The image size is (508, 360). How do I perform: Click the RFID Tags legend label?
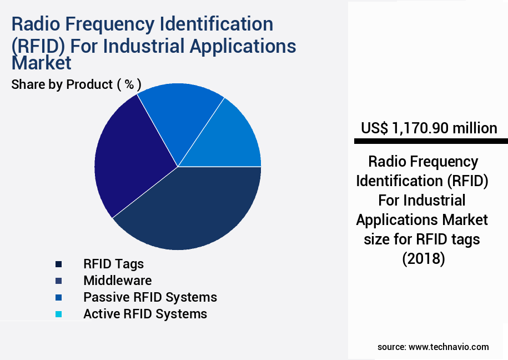click(x=113, y=264)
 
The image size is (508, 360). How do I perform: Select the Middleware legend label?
click(x=117, y=281)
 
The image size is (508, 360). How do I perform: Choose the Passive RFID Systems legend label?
click(x=150, y=297)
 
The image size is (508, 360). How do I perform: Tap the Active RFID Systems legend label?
click(x=145, y=314)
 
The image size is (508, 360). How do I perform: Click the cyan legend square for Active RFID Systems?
click(x=58, y=314)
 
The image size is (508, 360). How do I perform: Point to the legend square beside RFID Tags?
click(x=58, y=264)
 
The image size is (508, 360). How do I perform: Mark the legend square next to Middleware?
click(x=58, y=281)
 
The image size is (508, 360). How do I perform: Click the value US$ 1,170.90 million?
click(x=429, y=128)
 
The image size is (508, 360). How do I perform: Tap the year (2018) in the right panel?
click(x=423, y=259)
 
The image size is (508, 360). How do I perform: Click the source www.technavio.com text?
click(x=433, y=347)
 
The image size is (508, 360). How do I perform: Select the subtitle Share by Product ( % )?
click(x=76, y=84)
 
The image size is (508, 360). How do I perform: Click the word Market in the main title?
click(x=42, y=63)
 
